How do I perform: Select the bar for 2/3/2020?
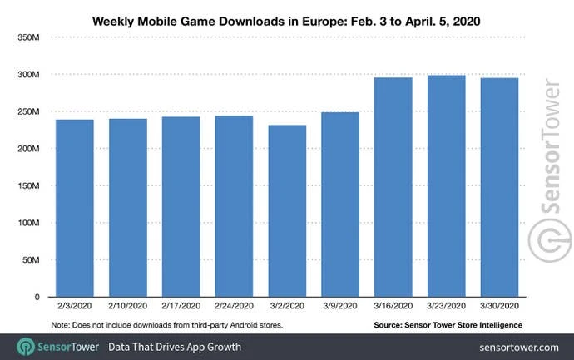[75, 208]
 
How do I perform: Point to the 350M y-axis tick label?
[30, 37]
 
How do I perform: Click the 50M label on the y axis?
[32, 260]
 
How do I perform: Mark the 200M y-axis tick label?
[30, 149]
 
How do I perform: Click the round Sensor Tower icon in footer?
[25, 347]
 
